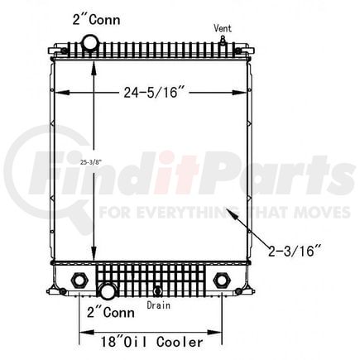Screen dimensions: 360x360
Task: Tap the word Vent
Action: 223,28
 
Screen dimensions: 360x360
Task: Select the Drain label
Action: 160,305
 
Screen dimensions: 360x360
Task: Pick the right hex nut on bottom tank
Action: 221,279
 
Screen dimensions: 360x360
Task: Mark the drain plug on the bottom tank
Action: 158,290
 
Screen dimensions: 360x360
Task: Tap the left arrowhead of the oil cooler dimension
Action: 81,338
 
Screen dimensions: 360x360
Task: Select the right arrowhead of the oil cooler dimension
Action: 221,338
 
